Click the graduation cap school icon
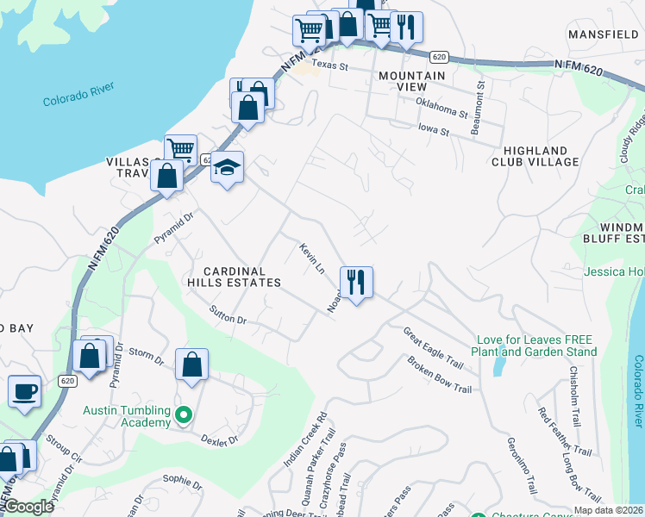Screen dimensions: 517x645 click(x=228, y=167)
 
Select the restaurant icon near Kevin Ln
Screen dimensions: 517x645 click(x=355, y=282)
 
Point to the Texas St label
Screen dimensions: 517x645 click(x=329, y=65)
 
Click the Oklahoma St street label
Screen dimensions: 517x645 click(x=441, y=106)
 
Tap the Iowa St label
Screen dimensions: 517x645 click(x=433, y=131)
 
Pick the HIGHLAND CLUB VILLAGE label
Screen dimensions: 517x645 click(x=535, y=156)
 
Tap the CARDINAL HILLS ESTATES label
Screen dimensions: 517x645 click(x=235, y=276)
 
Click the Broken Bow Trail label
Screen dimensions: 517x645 click(x=440, y=376)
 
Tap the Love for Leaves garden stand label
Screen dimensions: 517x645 click(x=534, y=346)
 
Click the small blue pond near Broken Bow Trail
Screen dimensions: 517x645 click(x=498, y=366)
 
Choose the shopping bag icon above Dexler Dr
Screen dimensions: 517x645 click(x=191, y=364)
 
